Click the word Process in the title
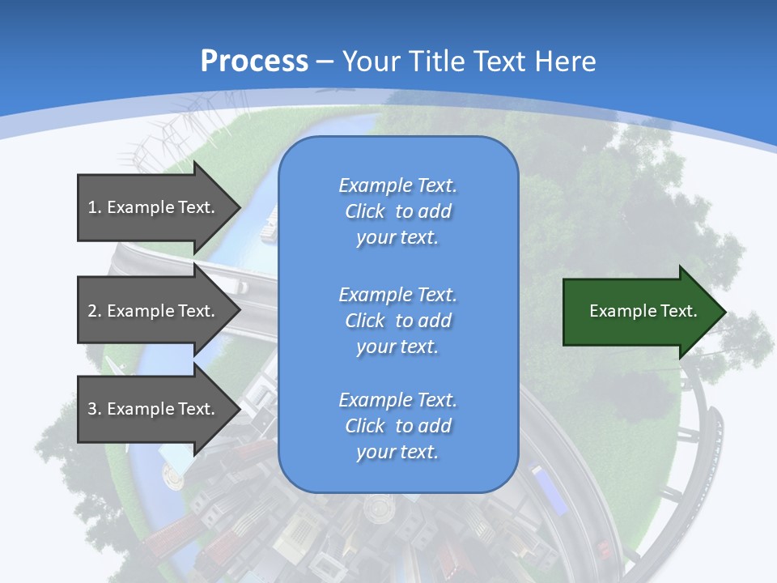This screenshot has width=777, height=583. (254, 62)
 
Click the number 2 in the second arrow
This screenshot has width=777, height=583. (92, 311)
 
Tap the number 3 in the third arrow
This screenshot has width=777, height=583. (92, 409)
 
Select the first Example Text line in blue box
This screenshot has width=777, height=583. (397, 185)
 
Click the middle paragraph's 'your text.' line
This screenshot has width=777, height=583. (397, 347)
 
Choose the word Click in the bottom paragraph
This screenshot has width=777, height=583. (365, 426)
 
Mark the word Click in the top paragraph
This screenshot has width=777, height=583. (365, 212)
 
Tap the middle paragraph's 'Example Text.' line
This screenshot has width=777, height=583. (397, 294)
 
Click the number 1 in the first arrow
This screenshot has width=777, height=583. (92, 207)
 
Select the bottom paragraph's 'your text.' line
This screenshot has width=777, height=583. (397, 453)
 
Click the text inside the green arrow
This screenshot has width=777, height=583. (643, 311)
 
